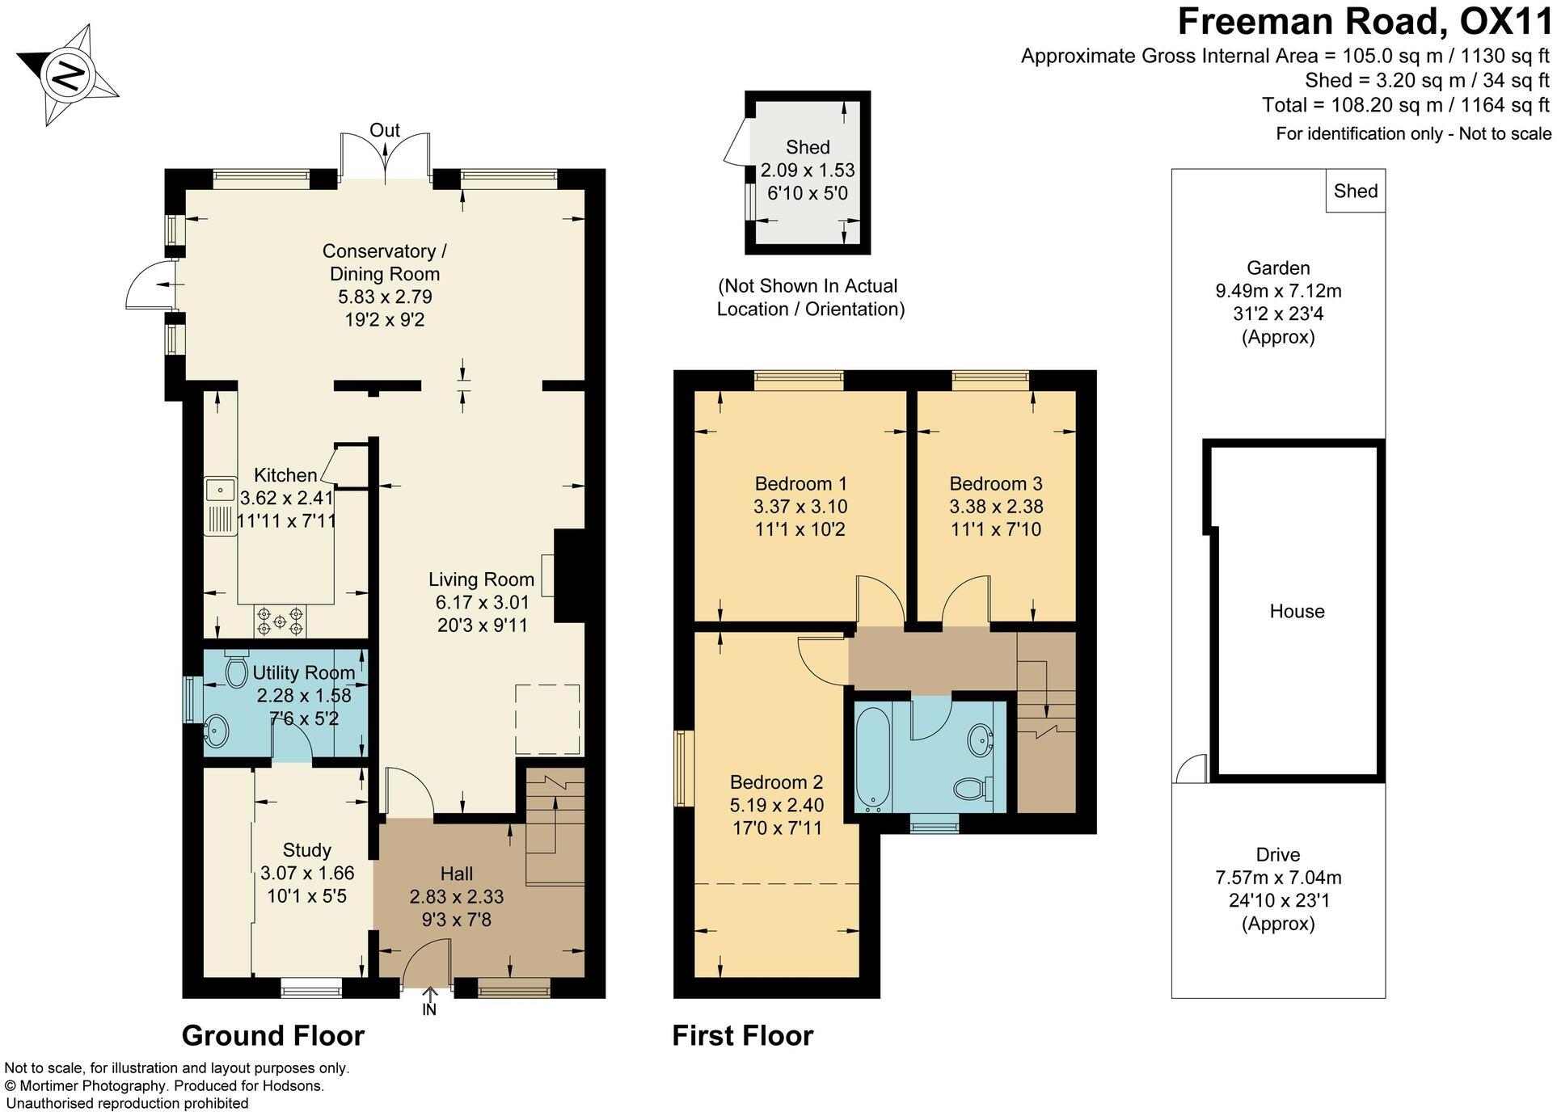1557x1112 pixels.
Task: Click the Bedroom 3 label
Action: (995, 484)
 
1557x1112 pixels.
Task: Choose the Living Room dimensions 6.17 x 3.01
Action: (481, 602)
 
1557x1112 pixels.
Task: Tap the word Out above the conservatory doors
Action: (385, 130)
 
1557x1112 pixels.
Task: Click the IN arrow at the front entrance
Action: (429, 1001)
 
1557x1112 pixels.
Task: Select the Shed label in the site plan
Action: (1355, 191)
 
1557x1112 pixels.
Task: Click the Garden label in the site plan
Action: (1277, 268)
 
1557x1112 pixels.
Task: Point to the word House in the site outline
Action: (1296, 612)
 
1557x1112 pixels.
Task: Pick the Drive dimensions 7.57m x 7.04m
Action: (1277, 878)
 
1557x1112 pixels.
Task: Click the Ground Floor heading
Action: (272, 1035)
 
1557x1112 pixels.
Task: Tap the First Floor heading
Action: (742, 1035)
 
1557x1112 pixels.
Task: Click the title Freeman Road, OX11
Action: (1364, 22)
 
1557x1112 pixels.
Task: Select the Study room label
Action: (306, 850)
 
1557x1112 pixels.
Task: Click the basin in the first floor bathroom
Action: (980, 739)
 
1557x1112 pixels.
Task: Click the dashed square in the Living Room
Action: (547, 720)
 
